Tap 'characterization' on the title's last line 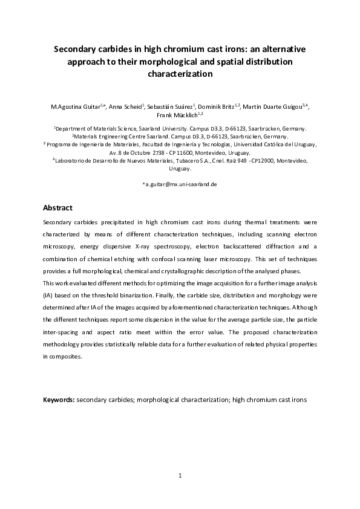(180, 74)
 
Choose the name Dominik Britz (217, 106)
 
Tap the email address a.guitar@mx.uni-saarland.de (181, 183)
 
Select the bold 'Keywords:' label (59, 400)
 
